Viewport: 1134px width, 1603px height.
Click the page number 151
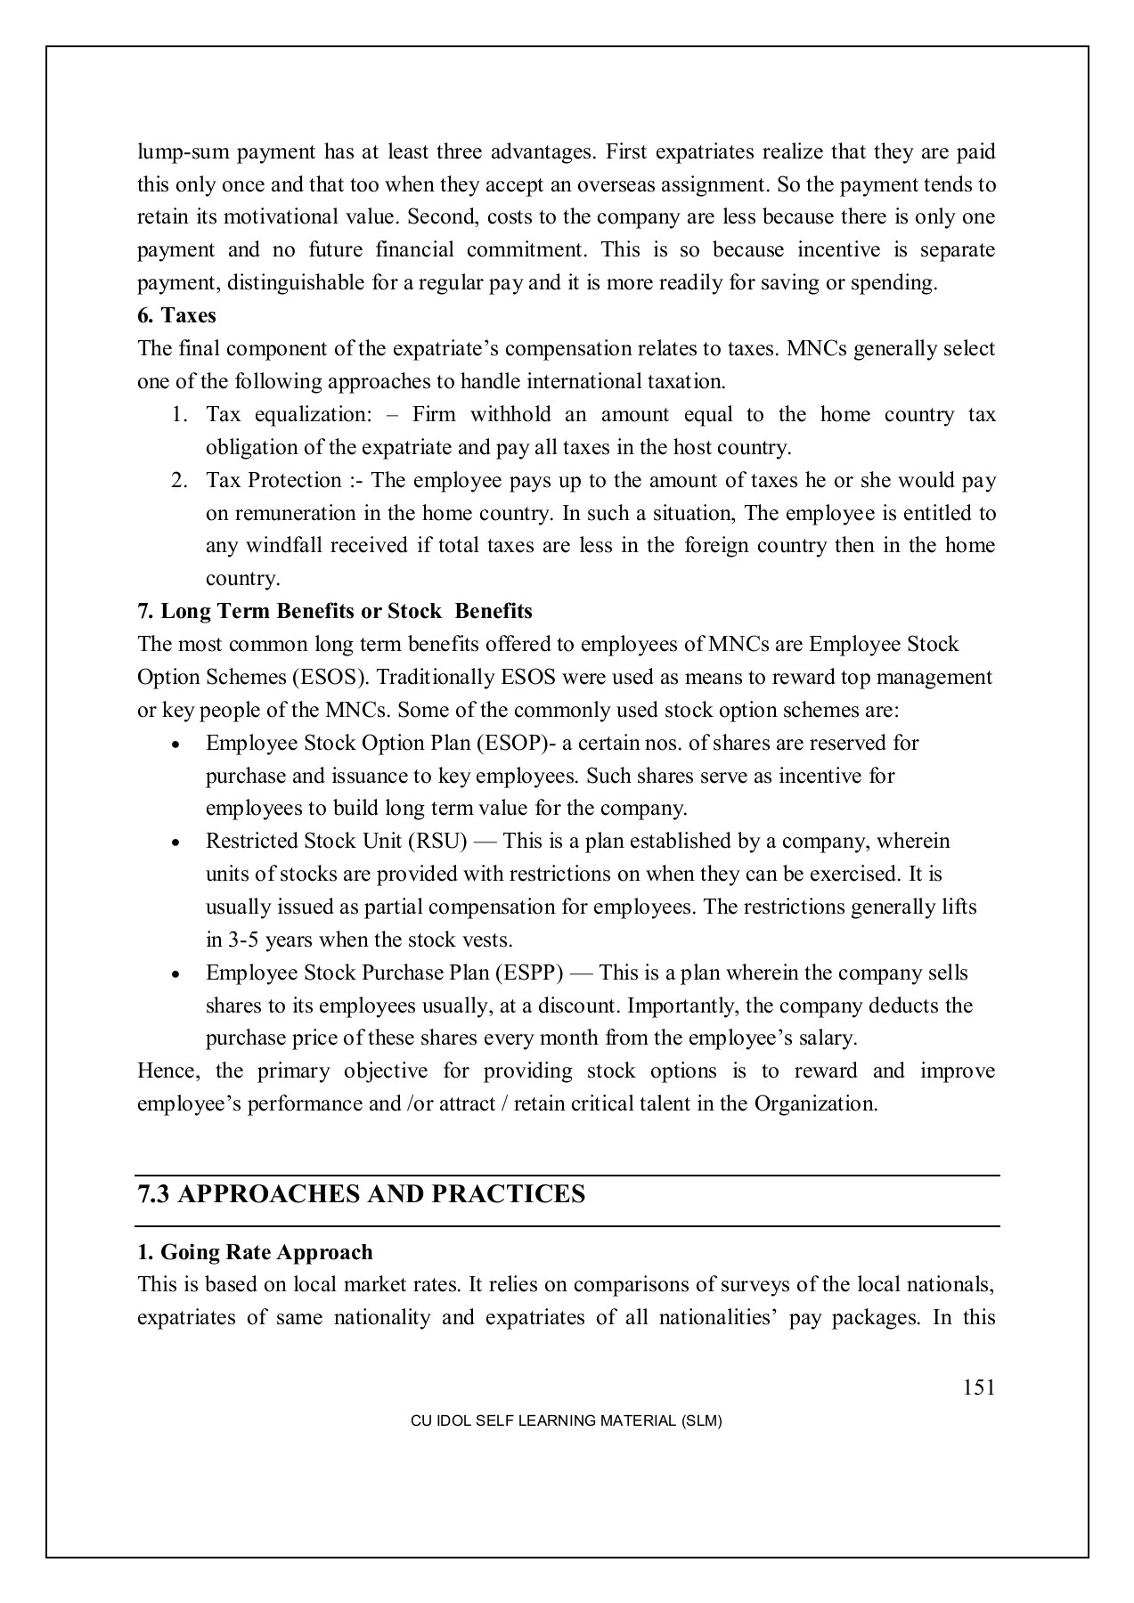click(978, 1387)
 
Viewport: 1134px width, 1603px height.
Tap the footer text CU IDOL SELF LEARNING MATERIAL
click(566, 1421)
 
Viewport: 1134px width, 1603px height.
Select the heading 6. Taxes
click(176, 315)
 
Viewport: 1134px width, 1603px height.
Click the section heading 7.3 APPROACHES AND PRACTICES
click(361, 1194)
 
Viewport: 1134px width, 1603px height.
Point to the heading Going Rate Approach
click(255, 1252)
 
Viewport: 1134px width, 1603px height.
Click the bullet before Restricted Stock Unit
click(178, 842)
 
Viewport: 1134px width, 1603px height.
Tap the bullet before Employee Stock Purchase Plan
click(178, 974)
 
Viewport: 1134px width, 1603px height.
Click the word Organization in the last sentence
click(814, 1103)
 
